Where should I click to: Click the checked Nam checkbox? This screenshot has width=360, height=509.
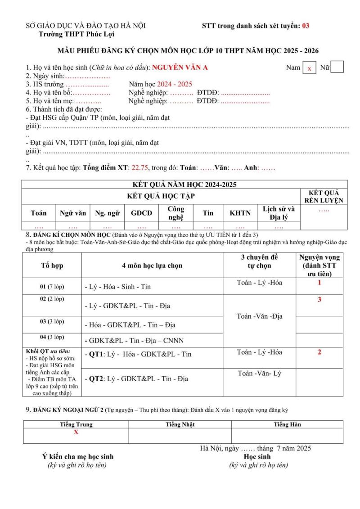pos(309,68)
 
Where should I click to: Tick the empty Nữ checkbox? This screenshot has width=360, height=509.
pos(337,68)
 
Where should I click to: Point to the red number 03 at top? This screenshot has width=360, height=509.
pos(306,26)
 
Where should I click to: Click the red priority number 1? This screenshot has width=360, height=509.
pos(319,284)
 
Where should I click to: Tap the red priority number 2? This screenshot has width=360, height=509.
pos(319,352)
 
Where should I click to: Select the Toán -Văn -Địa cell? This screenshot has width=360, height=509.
pos(259,316)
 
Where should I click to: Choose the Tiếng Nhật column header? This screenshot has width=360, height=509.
pos(180,424)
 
